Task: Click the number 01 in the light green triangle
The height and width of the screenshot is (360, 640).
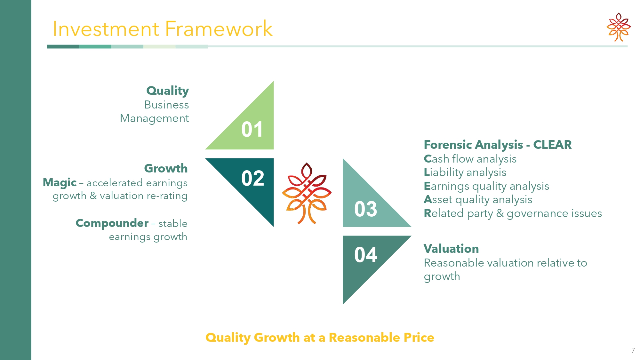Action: click(252, 129)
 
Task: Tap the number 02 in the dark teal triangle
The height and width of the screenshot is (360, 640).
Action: click(253, 178)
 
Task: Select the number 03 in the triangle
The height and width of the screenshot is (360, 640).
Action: click(366, 209)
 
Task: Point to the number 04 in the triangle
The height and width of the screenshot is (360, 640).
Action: click(366, 255)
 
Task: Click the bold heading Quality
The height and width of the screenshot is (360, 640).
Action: click(168, 91)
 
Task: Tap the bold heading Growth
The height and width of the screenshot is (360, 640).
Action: click(166, 168)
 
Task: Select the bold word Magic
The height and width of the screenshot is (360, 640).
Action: click(60, 183)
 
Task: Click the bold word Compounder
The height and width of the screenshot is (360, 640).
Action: click(112, 223)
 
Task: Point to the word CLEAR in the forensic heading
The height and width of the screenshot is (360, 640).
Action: click(552, 145)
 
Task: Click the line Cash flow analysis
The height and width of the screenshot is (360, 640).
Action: click(470, 159)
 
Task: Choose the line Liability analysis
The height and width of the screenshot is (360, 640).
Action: click(465, 172)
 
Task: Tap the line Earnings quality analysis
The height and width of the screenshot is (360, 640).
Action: click(486, 186)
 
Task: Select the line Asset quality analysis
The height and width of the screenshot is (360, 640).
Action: click(478, 200)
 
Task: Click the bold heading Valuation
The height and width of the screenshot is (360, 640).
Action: click(451, 249)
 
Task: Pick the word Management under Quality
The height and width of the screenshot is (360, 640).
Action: click(154, 118)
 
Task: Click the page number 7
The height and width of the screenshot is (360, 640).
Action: click(633, 350)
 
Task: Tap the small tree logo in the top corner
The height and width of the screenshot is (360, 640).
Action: click(619, 27)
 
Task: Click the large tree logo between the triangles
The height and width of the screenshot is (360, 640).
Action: click(307, 193)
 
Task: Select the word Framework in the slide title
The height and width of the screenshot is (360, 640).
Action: click(219, 29)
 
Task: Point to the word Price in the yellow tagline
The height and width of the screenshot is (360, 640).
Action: click(419, 338)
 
